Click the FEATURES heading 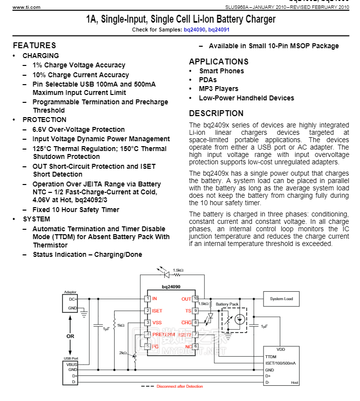coord(34,45)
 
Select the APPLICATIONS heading coord(218,62)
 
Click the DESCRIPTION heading coord(216,113)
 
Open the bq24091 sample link coord(219,30)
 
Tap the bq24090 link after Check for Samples coord(195,30)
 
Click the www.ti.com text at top coord(27,7)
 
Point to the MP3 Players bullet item coord(218,89)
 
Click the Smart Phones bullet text coord(221,71)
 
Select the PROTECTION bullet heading coord(44,120)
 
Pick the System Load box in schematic coord(281,299)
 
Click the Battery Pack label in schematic coord(227,304)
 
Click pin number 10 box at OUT coord(195,299)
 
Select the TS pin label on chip coord(188,310)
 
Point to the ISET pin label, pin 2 coord(157,310)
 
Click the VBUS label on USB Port coord(72,364)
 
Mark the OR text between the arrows coord(70,336)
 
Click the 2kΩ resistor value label coord(123,353)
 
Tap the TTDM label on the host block coord(271,357)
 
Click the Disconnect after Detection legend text coord(180,386)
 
